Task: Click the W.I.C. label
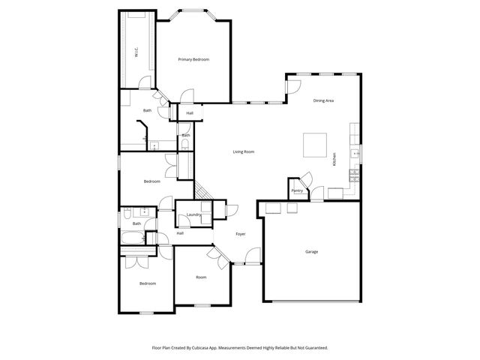tap(136, 52)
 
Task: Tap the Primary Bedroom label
tap(193, 59)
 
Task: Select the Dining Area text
tap(323, 100)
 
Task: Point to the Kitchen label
tap(334, 159)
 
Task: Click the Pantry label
tap(298, 190)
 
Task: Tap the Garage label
tap(311, 251)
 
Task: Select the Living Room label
tap(242, 151)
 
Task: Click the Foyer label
tap(241, 234)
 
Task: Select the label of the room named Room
tap(201, 277)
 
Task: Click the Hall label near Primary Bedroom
tap(190, 113)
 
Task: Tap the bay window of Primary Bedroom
tap(193, 10)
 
